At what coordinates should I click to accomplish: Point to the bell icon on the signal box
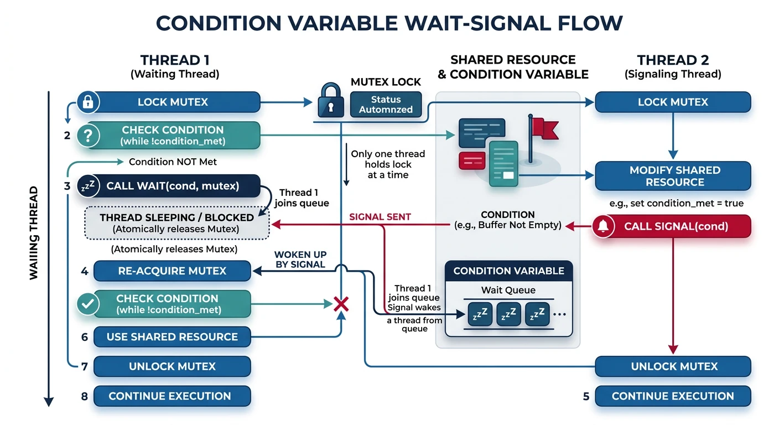(x=604, y=226)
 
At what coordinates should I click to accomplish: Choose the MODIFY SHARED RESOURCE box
(x=672, y=176)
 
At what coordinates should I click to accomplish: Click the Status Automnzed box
(x=386, y=105)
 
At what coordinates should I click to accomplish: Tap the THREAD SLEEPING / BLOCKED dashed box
(x=177, y=222)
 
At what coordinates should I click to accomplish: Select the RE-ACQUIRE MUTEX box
(x=172, y=271)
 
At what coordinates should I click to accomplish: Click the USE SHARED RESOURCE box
(x=172, y=336)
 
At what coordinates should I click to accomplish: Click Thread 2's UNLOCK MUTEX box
(x=672, y=366)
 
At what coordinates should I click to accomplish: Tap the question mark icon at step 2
(x=90, y=135)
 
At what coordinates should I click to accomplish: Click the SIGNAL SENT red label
(x=380, y=217)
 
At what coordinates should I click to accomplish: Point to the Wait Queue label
(x=508, y=290)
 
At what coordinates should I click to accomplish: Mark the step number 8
(x=84, y=396)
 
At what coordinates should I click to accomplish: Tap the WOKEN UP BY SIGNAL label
(x=300, y=260)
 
